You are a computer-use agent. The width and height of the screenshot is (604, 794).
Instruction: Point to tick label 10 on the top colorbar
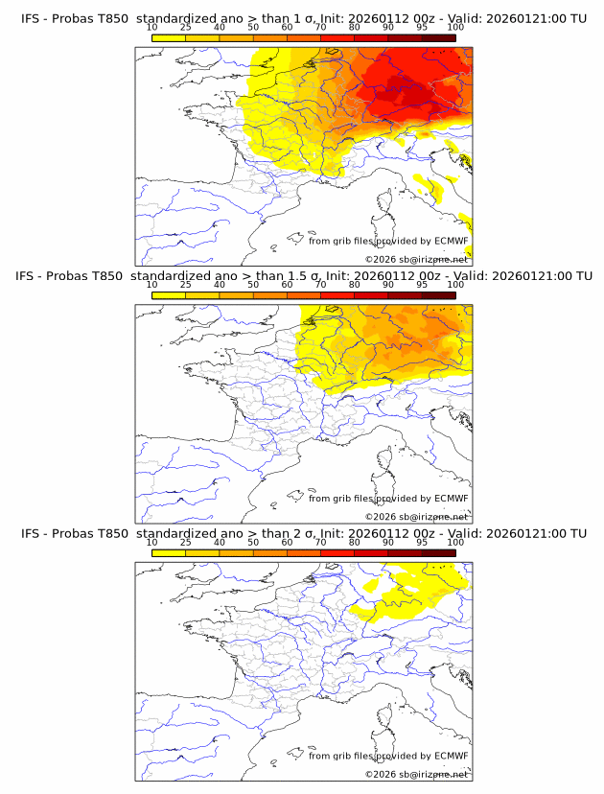(152, 29)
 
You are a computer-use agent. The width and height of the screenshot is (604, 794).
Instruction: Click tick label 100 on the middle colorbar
(455, 286)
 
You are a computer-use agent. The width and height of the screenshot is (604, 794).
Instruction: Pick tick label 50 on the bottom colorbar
(253, 543)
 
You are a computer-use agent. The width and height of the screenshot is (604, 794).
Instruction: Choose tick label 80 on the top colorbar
(355, 29)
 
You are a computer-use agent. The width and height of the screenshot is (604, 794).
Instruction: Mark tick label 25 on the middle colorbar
(186, 286)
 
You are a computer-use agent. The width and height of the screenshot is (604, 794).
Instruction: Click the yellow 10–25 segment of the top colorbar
(169, 38)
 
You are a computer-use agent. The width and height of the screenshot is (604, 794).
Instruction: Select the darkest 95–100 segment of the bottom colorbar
(438, 552)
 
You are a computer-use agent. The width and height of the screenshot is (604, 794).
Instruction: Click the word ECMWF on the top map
(451, 242)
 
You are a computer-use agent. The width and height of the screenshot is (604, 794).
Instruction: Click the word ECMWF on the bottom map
(451, 756)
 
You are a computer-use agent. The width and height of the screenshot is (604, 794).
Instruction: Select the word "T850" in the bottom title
(111, 533)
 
